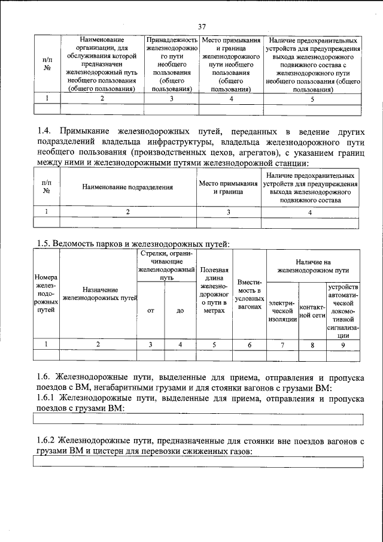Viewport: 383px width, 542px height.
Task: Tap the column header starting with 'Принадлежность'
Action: point(171,64)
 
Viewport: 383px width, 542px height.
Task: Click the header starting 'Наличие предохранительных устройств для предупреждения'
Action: point(312,64)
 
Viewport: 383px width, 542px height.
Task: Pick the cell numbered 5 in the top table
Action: point(312,99)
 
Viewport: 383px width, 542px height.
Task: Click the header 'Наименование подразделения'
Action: point(128,187)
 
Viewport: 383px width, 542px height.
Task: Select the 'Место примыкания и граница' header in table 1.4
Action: point(229,187)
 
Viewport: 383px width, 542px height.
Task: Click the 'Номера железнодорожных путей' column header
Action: point(46,294)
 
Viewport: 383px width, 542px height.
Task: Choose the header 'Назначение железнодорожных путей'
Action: point(99,293)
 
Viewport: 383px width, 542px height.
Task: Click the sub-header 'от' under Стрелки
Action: point(151,310)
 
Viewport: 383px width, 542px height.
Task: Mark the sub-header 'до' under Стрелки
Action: point(180,310)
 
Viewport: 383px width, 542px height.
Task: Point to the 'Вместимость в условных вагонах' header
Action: point(249,294)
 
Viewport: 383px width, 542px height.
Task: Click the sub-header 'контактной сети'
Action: point(312,310)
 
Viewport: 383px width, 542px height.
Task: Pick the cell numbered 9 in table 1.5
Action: point(343,344)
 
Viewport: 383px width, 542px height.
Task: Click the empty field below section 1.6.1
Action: point(198,419)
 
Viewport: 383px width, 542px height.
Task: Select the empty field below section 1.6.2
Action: point(198,462)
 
